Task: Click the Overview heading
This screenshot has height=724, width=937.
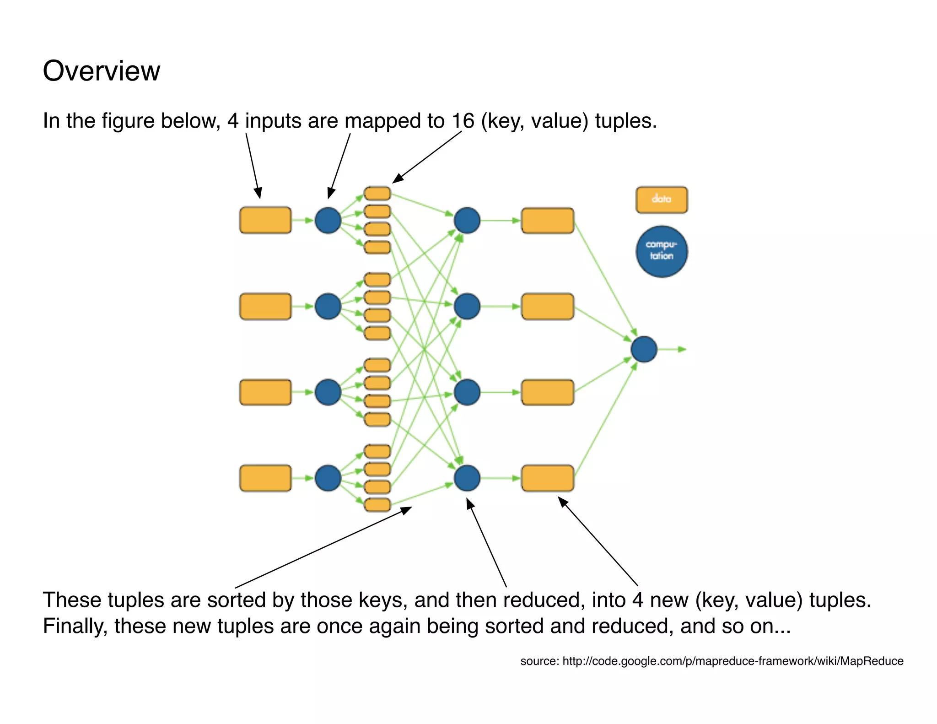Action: coord(101,71)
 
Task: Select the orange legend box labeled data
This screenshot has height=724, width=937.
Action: coord(661,200)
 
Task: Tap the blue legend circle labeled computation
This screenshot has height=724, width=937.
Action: coord(661,251)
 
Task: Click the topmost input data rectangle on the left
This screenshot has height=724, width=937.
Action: coord(265,220)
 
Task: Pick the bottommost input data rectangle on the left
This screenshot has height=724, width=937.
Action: coord(265,478)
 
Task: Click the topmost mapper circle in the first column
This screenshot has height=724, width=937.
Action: coord(328,220)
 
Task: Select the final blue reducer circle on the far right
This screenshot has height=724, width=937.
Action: coord(644,349)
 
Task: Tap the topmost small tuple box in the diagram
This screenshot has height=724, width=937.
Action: coord(377,194)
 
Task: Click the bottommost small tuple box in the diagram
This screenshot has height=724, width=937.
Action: coord(377,505)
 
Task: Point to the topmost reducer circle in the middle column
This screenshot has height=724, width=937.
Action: coord(467,220)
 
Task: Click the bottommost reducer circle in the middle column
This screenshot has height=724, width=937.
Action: coord(467,478)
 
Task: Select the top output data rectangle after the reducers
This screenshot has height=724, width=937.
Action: coord(547,220)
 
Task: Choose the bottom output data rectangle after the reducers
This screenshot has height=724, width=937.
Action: coord(547,478)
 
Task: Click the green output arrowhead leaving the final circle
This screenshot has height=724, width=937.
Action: coord(682,349)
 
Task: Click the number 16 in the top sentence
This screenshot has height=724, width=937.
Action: coord(463,121)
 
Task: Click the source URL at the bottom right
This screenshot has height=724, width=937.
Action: coord(732,661)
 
